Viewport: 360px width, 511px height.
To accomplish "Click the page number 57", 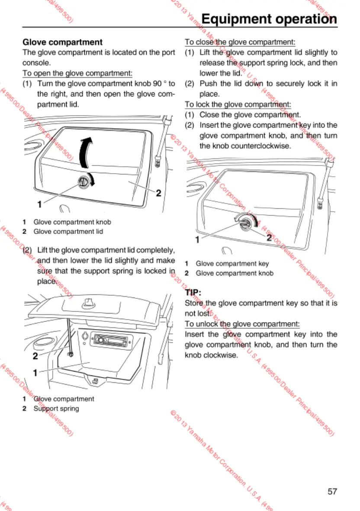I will pyautogui.click(x=332, y=491).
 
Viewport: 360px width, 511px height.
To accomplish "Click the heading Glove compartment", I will pyautogui.click(x=62, y=42).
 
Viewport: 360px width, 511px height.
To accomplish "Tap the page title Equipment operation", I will pyautogui.click(x=269, y=19).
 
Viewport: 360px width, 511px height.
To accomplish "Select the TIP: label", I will pyautogui.click(x=193, y=292).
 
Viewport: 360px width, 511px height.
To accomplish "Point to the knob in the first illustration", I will pyautogui.click(x=84, y=183).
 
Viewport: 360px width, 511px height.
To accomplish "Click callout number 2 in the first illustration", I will pyautogui.click(x=158, y=193).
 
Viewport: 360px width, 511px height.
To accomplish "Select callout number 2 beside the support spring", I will pyautogui.click(x=35, y=356).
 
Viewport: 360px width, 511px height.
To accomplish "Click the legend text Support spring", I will pyautogui.click(x=56, y=408).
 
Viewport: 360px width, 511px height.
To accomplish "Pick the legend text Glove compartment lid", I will pyautogui.click(x=68, y=231).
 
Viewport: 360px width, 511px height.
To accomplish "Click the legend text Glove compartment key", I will pyautogui.click(x=232, y=263).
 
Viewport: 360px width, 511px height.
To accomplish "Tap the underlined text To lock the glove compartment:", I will pyautogui.click(x=238, y=104).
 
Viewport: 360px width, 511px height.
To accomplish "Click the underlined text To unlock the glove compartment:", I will pyautogui.click(x=242, y=323).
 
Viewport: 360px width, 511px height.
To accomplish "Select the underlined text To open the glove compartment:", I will pyautogui.click(x=77, y=73).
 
